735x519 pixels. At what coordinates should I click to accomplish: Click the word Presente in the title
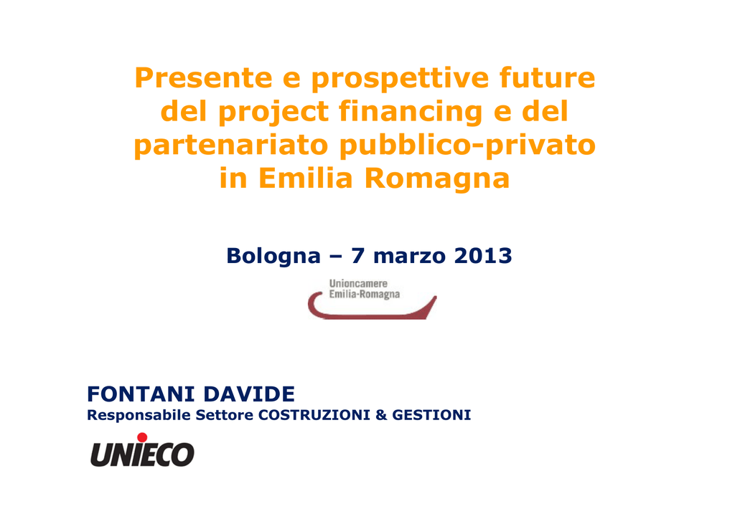pos(203,77)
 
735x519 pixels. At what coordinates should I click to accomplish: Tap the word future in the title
pos(547,77)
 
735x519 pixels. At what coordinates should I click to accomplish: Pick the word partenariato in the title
pos(231,145)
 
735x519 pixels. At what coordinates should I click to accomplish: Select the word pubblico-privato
pos(467,145)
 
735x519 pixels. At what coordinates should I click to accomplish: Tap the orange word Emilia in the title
pos(305,178)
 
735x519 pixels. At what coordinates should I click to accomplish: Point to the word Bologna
pos(273,257)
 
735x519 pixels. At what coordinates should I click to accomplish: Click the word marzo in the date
pos(409,257)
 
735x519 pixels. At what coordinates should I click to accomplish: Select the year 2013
pos(483,255)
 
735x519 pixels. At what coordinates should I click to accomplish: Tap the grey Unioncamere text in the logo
pos(358,284)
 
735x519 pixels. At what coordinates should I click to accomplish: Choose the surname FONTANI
pos(141,394)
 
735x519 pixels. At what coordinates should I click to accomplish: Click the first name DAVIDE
pos(249,394)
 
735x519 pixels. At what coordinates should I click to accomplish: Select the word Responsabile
pos(139,416)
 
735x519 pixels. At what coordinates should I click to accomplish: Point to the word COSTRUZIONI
pos(314,415)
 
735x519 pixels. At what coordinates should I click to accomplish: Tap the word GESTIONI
pos(431,415)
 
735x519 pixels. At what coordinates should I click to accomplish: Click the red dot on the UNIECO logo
pos(142,437)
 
